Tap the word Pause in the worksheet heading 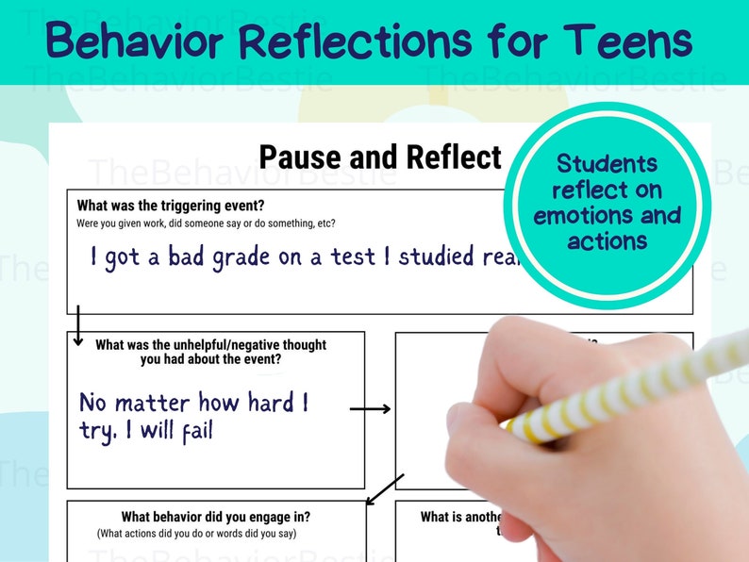pos(303,157)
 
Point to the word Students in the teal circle pos(607,164)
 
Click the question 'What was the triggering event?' pos(171,206)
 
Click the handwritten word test pos(353,256)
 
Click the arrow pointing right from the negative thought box pos(370,408)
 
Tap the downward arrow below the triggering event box pos(78,324)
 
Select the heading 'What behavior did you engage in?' pos(216,517)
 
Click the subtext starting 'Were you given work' pos(206,223)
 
